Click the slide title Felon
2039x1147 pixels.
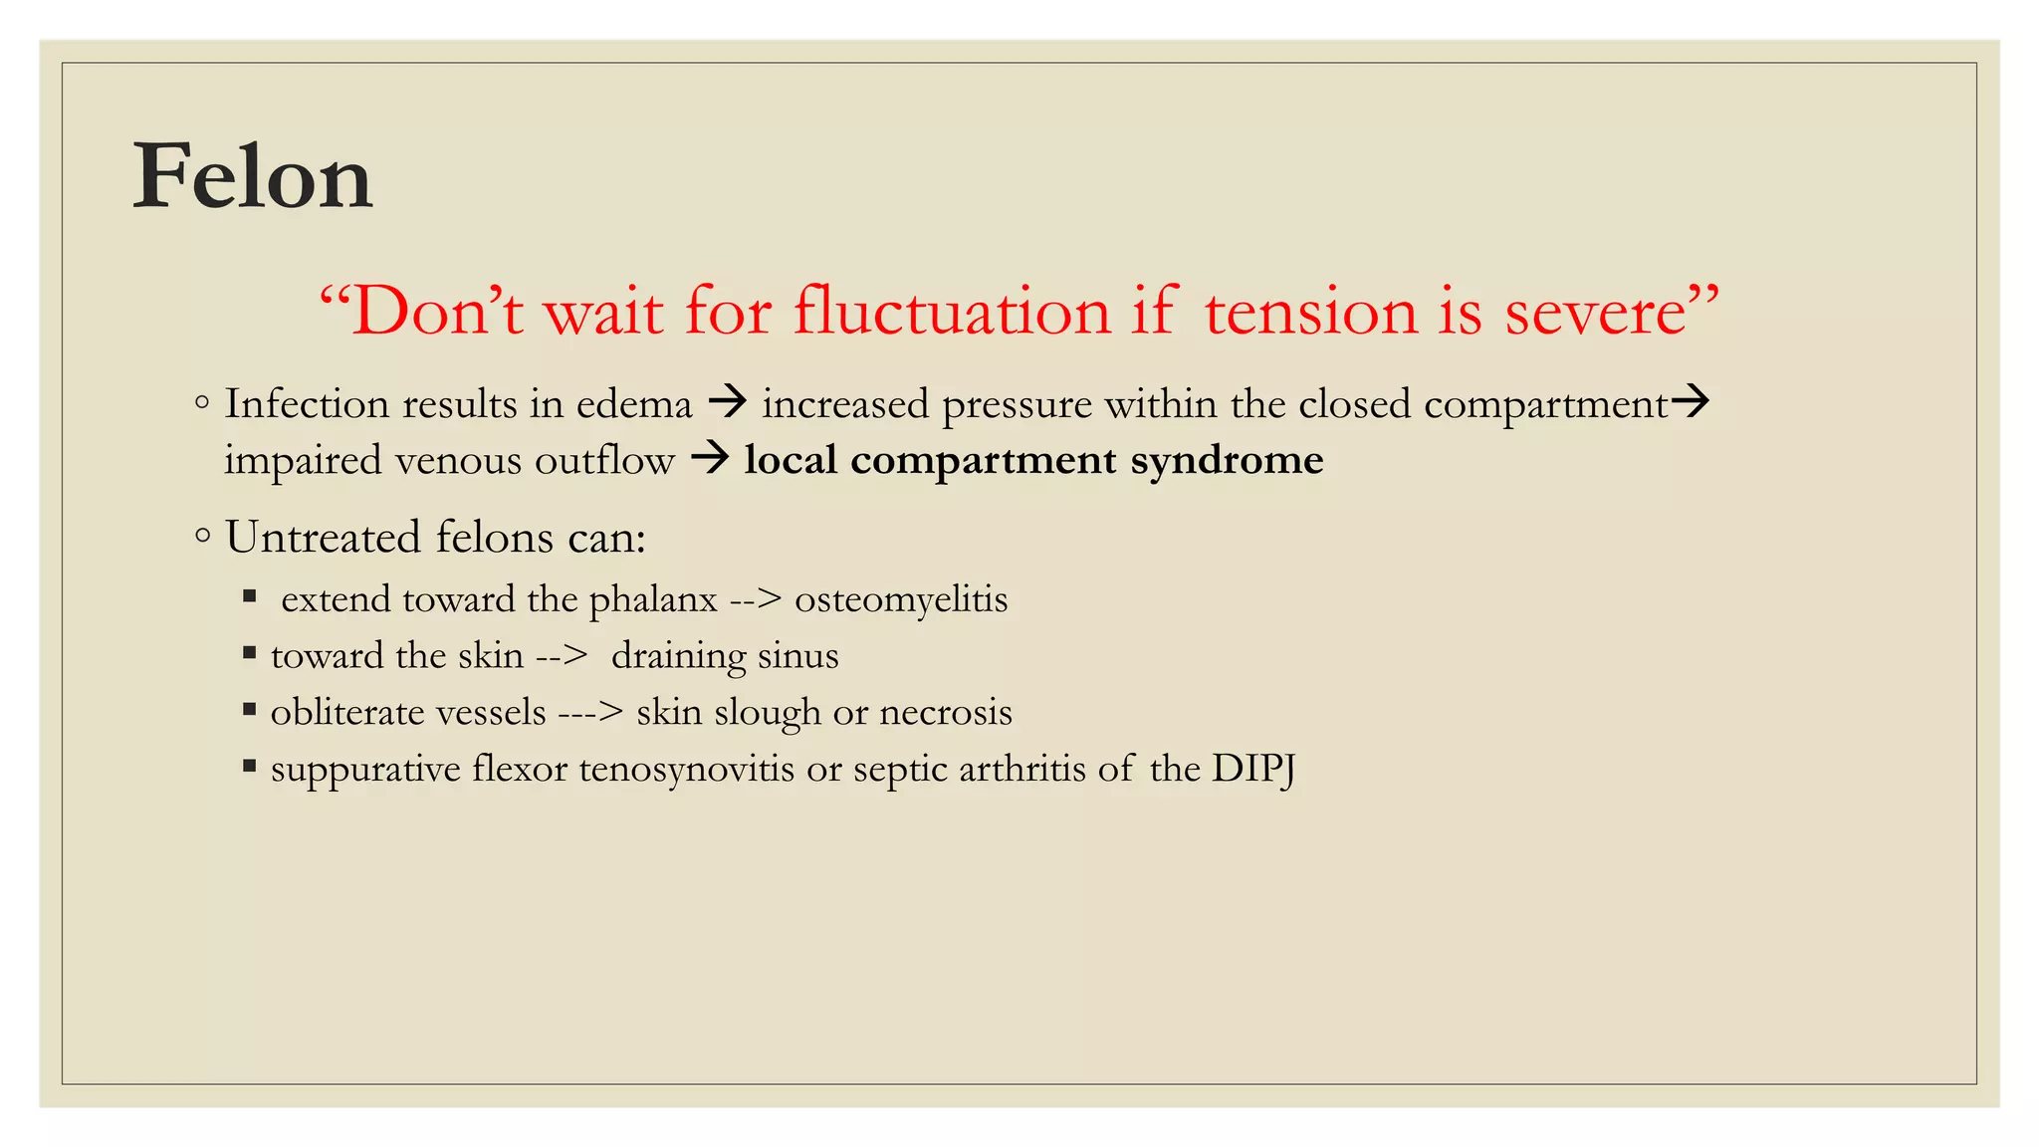tap(253, 177)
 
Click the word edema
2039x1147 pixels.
tap(634, 404)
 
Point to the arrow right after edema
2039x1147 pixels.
tap(728, 402)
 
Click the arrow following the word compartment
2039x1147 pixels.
tap(1690, 401)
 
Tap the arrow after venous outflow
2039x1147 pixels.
tap(711, 458)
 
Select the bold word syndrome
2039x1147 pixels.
tap(1227, 461)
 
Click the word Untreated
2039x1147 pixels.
tap(324, 538)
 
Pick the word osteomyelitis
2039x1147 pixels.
tap(901, 600)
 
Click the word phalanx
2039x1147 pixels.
tap(653, 600)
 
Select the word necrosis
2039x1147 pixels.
tap(946, 713)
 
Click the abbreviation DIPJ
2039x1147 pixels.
tap(1253, 769)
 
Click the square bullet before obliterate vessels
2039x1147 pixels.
tap(250, 710)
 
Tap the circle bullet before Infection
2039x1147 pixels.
tap(202, 403)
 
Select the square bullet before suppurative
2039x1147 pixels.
tap(250, 767)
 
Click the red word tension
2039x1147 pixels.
tap(1312, 312)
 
